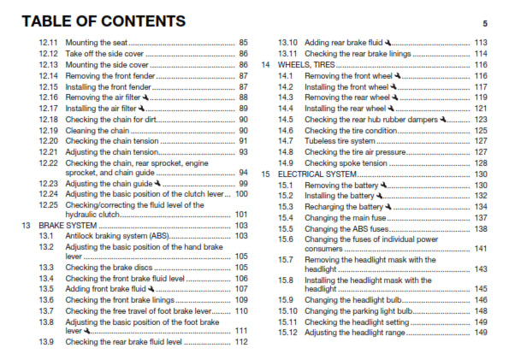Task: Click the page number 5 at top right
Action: coord(484,23)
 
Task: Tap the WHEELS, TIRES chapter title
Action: coord(306,65)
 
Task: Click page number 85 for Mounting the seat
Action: coord(243,42)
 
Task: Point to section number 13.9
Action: coord(46,342)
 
